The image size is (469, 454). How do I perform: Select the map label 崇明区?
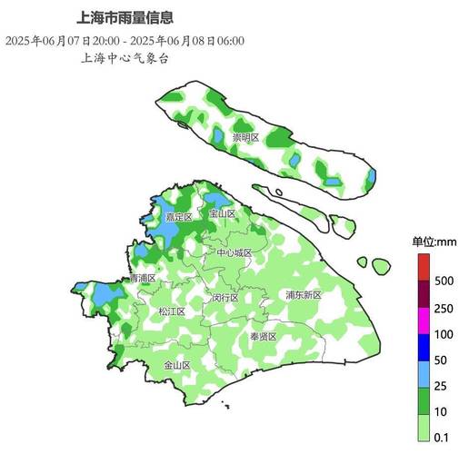coord(245,138)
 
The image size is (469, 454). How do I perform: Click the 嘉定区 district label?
coord(178,218)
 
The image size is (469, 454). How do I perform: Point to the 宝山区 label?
coord(223,214)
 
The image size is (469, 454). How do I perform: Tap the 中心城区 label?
coord(234,252)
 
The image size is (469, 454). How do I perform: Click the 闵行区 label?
coord(225,298)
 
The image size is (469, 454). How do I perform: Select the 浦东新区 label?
coord(304,295)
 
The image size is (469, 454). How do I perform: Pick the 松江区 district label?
coord(172,311)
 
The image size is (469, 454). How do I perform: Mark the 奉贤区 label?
coord(263,336)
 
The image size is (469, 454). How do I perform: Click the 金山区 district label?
coord(176,366)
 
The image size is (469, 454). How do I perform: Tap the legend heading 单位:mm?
coord(434,242)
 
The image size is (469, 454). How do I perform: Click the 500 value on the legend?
coord(444,281)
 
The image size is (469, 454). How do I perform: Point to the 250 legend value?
coord(444,308)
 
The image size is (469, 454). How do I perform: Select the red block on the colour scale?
coord(424,268)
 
